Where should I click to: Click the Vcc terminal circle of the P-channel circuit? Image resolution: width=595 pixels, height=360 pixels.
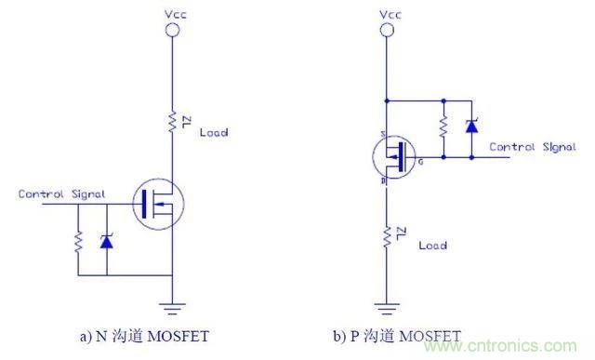tap(385, 31)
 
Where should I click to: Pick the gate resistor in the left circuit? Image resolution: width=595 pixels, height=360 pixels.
tap(78, 241)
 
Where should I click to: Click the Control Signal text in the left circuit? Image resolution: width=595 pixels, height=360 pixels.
tap(61, 193)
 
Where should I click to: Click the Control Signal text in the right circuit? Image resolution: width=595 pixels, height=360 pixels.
tap(533, 147)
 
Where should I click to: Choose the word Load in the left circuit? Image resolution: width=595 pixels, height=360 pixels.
tap(214, 132)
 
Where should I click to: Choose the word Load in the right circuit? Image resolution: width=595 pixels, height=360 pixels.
tap(432, 246)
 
